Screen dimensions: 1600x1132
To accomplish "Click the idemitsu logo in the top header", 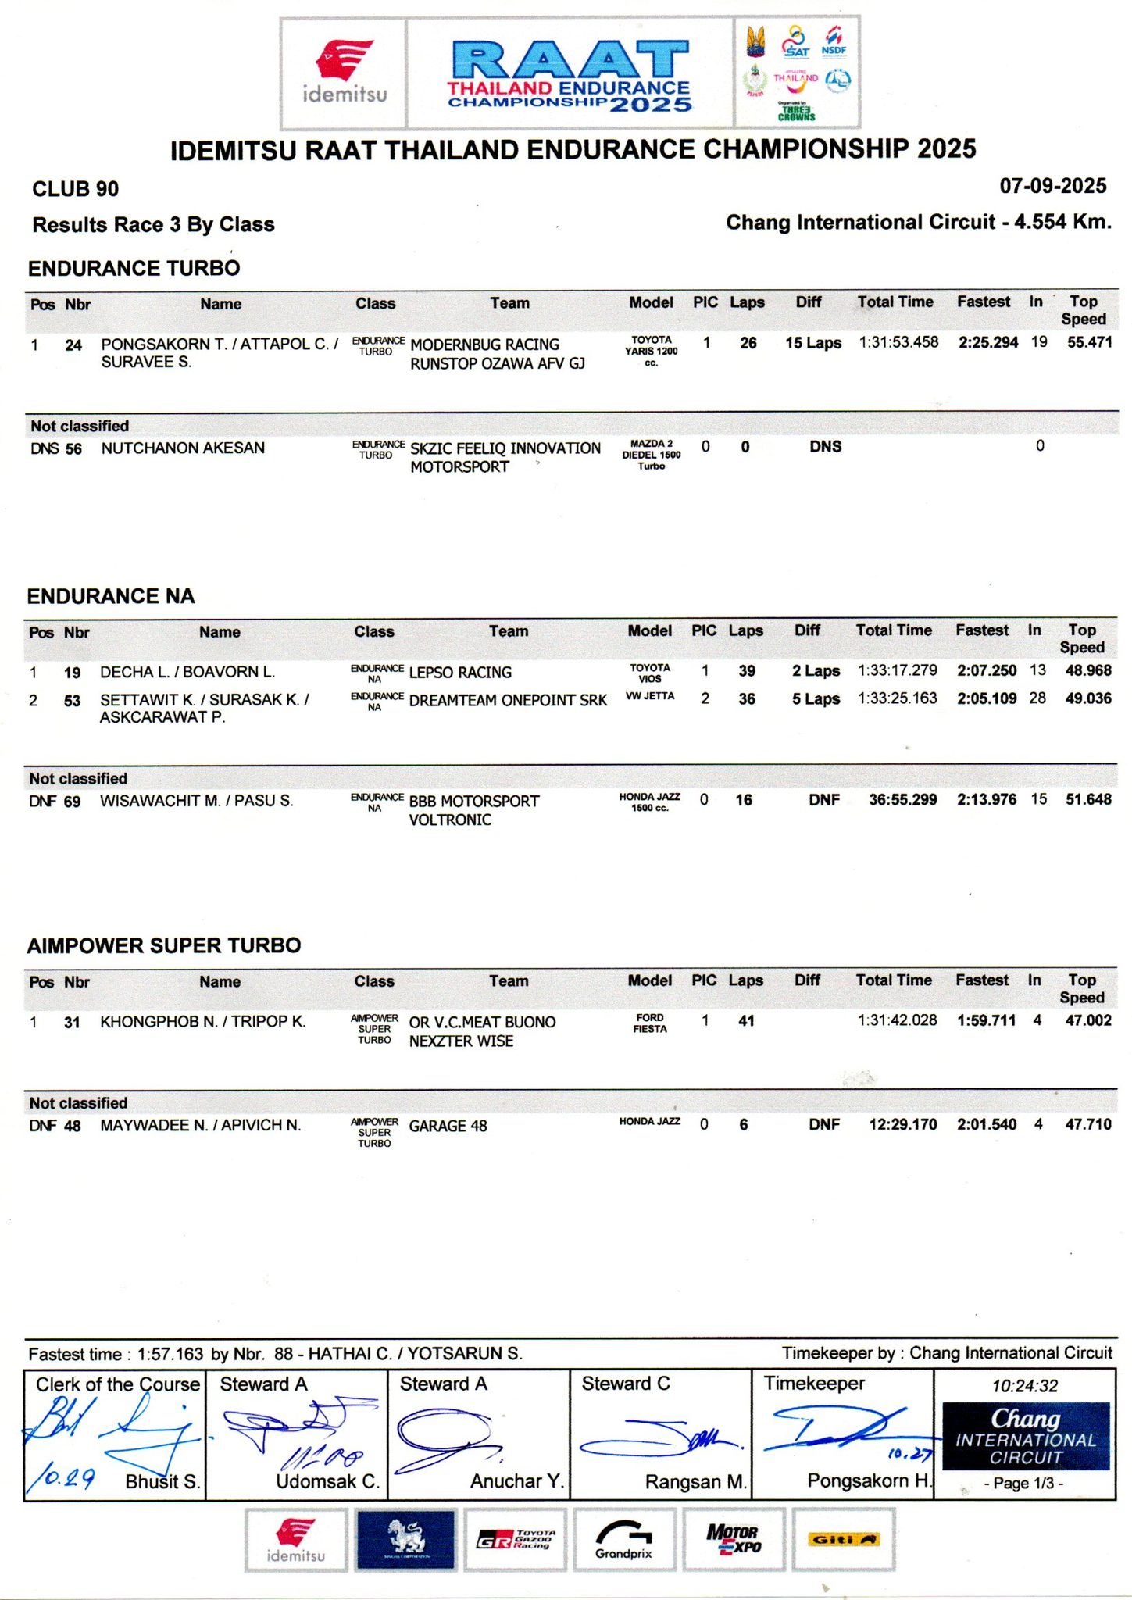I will tap(344, 73).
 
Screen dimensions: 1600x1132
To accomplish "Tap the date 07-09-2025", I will tap(1052, 186).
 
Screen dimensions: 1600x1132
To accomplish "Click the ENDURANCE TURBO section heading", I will tap(134, 268).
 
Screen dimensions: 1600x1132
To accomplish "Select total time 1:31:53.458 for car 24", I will tap(898, 342).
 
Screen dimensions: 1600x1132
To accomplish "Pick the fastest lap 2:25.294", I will tap(987, 342).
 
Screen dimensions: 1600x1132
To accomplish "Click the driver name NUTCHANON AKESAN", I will tap(183, 448).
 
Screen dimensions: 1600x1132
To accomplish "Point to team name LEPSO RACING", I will tap(460, 672).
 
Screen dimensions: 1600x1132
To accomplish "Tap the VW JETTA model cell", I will tap(649, 696).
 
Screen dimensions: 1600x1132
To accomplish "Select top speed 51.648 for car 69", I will tap(1087, 799).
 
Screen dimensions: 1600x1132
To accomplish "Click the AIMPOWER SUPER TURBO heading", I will tap(164, 945).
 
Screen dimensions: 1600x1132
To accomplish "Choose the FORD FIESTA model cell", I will tap(649, 1023).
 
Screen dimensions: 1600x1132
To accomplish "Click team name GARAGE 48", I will tap(448, 1126).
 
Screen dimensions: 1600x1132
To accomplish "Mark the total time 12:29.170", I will tap(902, 1124).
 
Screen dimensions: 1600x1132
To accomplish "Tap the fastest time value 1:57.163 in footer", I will tap(170, 1354).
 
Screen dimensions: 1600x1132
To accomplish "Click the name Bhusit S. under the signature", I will tap(162, 1481).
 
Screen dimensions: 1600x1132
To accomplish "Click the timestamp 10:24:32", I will tap(1024, 1386).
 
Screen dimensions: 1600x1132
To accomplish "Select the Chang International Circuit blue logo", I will tap(1025, 1436).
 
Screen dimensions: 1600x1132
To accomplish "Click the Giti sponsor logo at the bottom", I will tap(843, 1539).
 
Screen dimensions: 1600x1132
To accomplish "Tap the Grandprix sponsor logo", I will tap(623, 1539).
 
